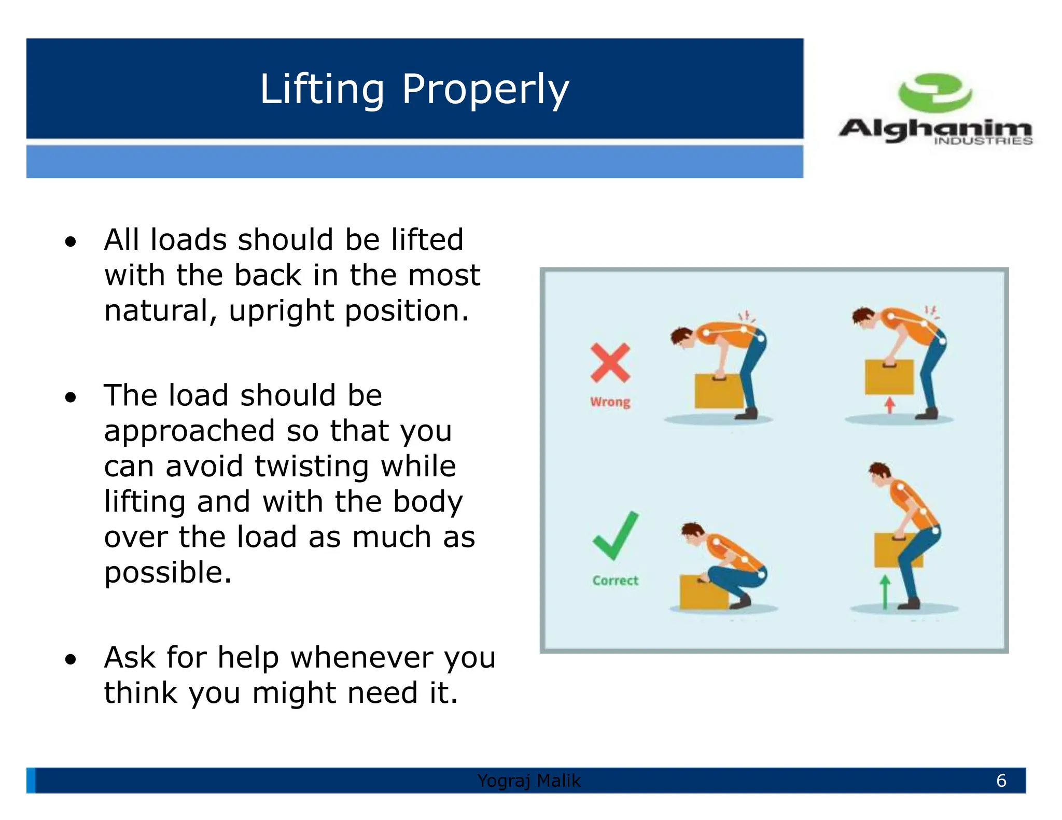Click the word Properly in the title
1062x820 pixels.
[485, 89]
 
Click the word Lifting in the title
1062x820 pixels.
[322, 89]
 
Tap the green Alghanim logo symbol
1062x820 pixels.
[934, 92]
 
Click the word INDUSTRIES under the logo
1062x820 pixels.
[983, 141]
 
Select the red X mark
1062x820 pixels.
[610, 363]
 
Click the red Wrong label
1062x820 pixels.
[610, 402]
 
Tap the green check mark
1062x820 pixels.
[616, 535]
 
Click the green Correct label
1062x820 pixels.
[615, 581]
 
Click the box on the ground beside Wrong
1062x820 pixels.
[718, 391]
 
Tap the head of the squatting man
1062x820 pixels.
[693, 533]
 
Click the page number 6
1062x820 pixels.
[1001, 781]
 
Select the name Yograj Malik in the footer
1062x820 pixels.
[529, 781]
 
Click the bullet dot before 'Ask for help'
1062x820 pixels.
[71, 659]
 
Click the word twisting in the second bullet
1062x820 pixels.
[311, 466]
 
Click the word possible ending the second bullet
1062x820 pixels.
[167, 573]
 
